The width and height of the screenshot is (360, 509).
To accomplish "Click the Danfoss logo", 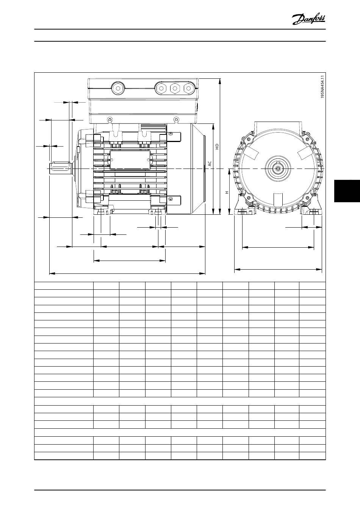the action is point(308,19).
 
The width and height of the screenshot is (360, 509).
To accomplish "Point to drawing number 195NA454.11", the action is point(322,86).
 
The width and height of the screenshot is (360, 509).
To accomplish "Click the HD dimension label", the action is point(217,146).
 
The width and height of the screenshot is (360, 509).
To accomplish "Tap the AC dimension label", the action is point(210,164).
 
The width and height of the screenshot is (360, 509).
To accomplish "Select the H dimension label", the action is point(227,192).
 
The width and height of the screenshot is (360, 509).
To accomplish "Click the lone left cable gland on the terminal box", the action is point(118,88).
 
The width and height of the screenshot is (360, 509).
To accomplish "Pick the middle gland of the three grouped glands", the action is point(175,88).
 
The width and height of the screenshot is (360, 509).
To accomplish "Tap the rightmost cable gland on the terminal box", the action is point(188,88).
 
